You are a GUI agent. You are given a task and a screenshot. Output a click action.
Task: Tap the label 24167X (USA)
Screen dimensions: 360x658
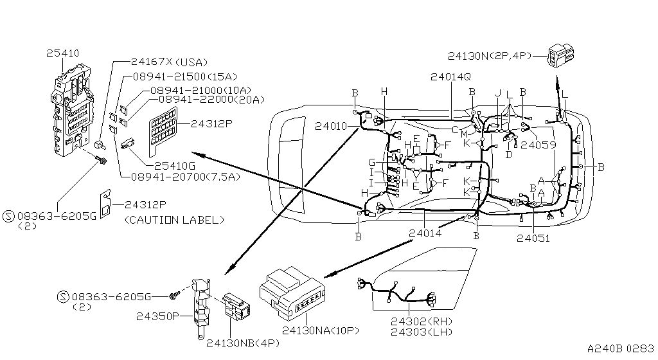pyautogui.click(x=169, y=62)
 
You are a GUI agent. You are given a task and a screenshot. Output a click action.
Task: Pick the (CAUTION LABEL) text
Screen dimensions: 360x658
pyautogui.click(x=173, y=220)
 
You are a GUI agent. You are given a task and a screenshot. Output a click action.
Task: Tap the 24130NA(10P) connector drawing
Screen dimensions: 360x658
pyautogui.click(x=292, y=293)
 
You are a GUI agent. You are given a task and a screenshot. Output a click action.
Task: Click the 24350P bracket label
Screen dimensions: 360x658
pyautogui.click(x=157, y=316)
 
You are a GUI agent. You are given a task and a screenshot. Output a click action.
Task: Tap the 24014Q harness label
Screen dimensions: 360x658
pyautogui.click(x=450, y=76)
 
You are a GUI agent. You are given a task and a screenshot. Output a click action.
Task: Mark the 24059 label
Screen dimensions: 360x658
pyautogui.click(x=538, y=145)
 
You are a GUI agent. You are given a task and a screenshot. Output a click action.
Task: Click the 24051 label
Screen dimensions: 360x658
pyautogui.click(x=533, y=237)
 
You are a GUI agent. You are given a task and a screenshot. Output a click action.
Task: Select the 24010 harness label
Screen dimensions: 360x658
pyautogui.click(x=331, y=127)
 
